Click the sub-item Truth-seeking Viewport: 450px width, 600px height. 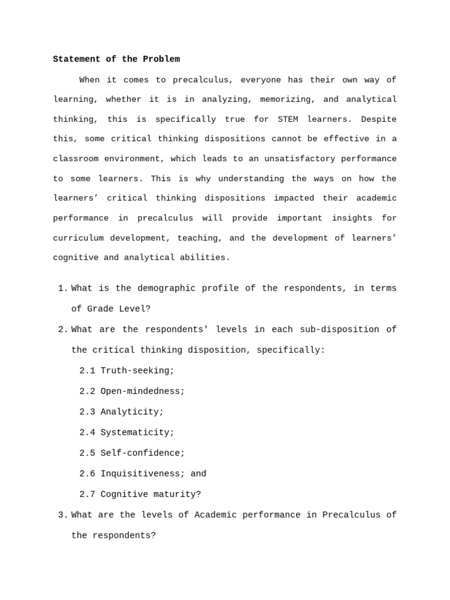click(137, 371)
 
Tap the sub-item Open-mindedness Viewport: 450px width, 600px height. click(142, 391)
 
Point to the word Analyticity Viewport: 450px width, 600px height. click(132, 412)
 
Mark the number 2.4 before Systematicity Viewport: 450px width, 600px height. click(87, 432)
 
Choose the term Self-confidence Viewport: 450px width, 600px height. click(142, 453)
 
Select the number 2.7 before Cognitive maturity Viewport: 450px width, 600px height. click(87, 494)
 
